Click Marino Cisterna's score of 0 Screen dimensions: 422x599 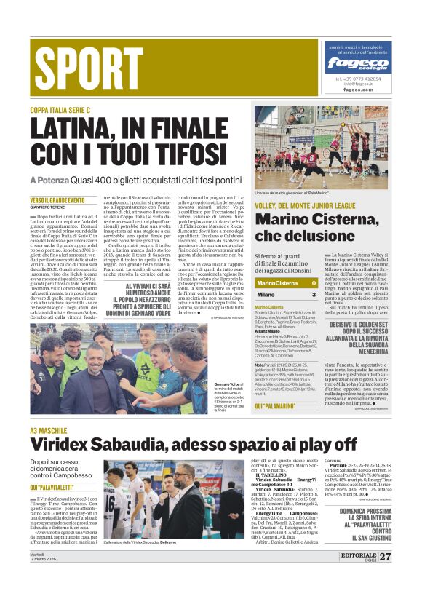(x=314, y=283)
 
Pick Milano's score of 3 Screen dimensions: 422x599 (x=314, y=294)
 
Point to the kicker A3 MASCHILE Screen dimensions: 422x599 (x=48, y=431)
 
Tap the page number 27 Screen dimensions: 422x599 (x=385, y=557)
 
